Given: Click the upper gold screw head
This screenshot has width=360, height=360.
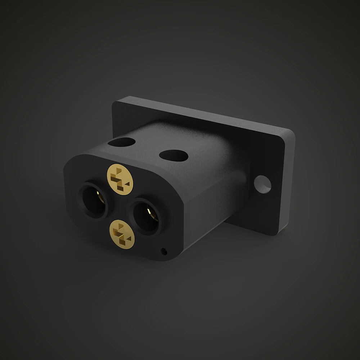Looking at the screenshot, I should point(120,179).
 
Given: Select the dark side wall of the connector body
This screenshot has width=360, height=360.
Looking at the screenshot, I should point(209,209).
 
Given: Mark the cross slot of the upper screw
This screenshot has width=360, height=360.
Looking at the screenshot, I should point(120,179).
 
